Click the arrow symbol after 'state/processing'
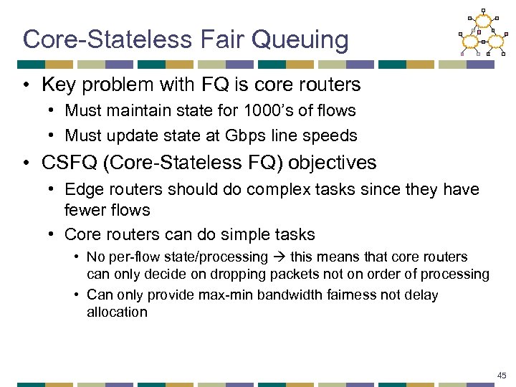coord(278,257)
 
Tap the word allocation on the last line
coord(117,312)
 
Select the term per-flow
coord(125,257)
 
